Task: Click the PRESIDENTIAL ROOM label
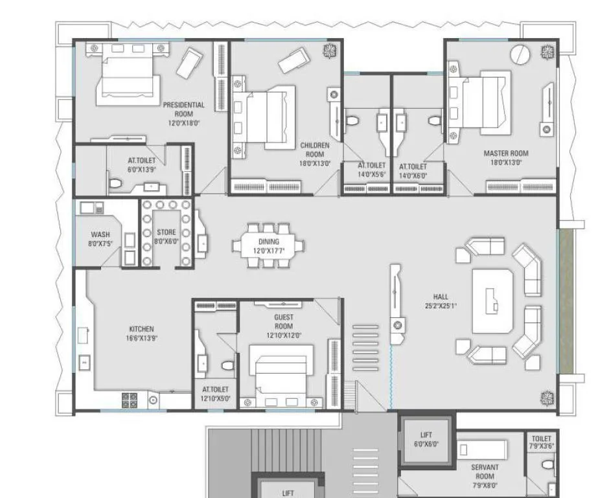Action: coord(183,109)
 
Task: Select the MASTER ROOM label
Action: coord(506,153)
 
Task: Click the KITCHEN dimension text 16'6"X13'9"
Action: coord(141,337)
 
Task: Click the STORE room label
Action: coord(166,232)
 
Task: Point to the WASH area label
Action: coord(100,234)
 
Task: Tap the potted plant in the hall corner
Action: coord(547,396)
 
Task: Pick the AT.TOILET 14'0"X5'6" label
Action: coord(372,170)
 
